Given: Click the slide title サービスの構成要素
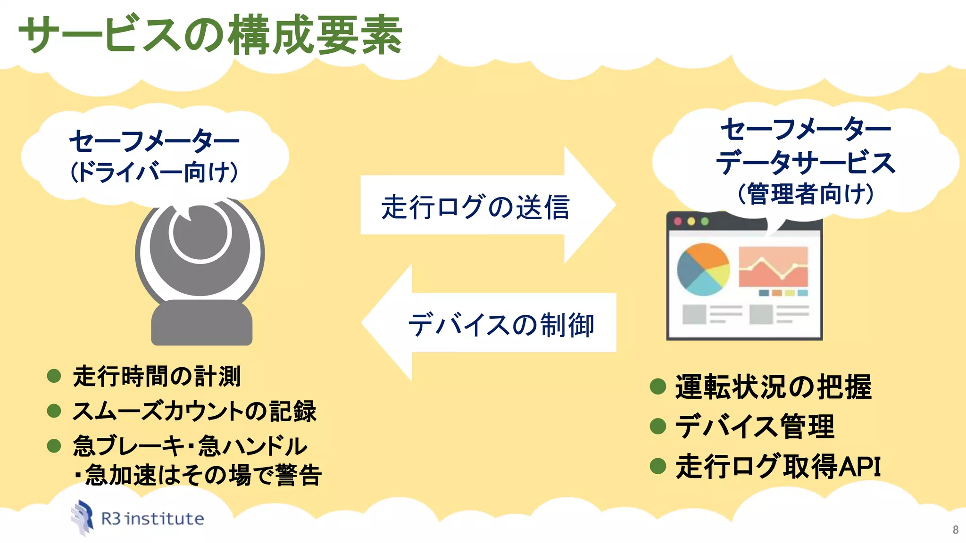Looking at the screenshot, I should [x=210, y=35].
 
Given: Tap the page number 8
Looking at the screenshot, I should [x=955, y=530].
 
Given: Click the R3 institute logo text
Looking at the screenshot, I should [x=152, y=519].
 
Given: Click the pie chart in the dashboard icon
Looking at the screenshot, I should [x=703, y=269].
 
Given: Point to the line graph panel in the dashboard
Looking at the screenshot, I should [x=773, y=267].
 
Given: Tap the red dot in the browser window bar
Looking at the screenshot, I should [x=678, y=221].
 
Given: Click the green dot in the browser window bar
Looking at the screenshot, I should [x=705, y=221].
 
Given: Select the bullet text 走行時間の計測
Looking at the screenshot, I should [x=157, y=376].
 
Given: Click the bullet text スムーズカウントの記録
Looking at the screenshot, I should [x=194, y=411].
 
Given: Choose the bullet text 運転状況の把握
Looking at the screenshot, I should [x=773, y=387].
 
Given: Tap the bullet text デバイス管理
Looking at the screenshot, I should [x=755, y=426].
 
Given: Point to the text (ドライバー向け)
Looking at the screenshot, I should [x=154, y=172].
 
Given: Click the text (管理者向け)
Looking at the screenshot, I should [x=806, y=194].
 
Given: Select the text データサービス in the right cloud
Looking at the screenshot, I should [x=806, y=162].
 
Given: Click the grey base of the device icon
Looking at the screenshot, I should [x=201, y=323].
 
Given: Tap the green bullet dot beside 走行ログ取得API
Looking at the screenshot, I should [x=658, y=466].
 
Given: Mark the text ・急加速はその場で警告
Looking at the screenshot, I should [x=198, y=475].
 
